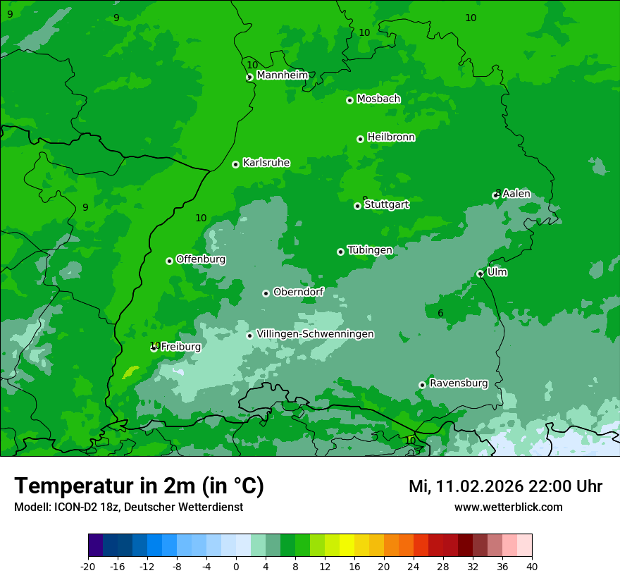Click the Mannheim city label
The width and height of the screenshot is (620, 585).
282,75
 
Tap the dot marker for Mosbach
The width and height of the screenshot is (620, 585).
349,100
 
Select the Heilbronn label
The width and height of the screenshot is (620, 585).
391,137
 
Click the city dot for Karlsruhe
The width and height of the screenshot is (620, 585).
235,164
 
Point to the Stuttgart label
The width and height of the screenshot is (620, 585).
386,204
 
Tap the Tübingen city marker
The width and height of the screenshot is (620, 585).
340,252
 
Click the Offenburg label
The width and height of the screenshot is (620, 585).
201,259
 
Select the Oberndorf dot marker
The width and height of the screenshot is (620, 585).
266,293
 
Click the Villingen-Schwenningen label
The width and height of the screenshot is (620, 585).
315,334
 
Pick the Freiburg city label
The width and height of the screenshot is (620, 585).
180,347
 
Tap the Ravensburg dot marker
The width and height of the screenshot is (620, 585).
422,385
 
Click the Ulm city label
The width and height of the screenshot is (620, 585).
497,272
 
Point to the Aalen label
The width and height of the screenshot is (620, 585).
516,194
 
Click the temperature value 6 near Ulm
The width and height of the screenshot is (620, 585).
440,314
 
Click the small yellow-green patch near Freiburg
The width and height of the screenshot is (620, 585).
131,371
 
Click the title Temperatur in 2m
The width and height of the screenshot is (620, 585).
139,486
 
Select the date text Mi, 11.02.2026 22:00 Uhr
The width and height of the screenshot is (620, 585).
505,486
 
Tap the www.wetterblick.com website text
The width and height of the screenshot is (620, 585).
508,507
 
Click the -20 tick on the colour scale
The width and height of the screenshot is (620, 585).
88,566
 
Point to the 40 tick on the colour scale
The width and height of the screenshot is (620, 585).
532,566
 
